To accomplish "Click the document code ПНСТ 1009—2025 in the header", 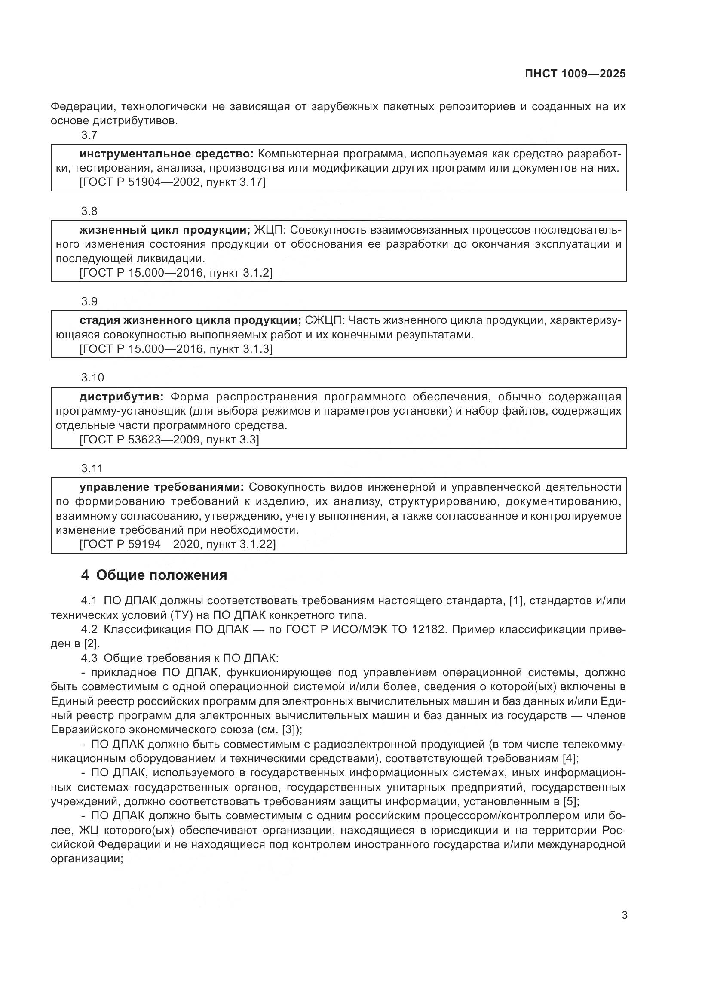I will pos(575,74).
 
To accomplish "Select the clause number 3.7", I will pos(89,135).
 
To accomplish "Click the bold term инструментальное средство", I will pos(166,154).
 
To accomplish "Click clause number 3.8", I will pos(89,211).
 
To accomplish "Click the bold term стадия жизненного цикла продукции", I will pos(190,320).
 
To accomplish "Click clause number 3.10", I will pos(92,378).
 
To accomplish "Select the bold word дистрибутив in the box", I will pos(121,397).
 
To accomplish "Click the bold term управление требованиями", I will pos(162,487).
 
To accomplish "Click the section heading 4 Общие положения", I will pos(154,575).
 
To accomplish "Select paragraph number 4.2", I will pos(89,630).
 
